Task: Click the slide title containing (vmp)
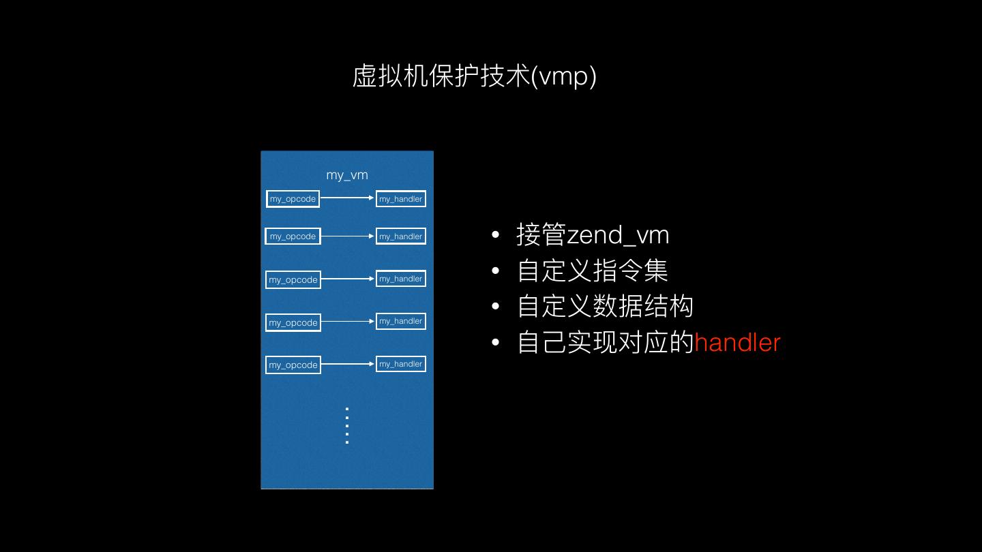474,76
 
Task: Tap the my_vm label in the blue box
347,175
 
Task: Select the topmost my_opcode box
293,199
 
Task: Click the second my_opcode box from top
293,236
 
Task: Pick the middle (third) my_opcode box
293,279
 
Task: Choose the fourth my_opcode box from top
293,322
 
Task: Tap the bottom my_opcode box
293,365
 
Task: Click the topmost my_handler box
401,199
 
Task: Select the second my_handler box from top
401,236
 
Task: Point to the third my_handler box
401,279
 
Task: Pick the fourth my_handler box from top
401,321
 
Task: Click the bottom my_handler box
401,364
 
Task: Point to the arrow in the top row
348,198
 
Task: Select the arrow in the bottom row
348,364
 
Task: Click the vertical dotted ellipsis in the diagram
347,425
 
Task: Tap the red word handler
737,342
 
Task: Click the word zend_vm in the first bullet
618,235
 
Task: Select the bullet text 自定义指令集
593,271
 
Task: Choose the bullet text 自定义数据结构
606,306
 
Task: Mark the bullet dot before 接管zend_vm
496,236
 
